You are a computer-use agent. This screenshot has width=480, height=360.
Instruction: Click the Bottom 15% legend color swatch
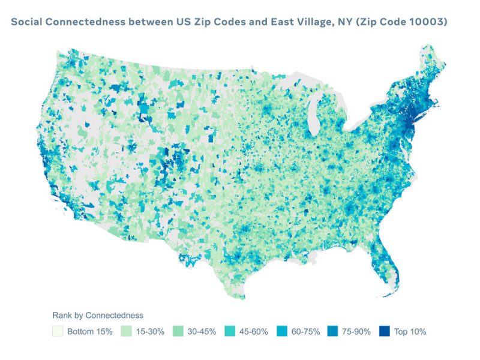(x=58, y=331)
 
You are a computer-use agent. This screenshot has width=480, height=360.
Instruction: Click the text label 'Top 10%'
(x=410, y=331)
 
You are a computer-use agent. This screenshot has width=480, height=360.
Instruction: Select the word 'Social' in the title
(x=28, y=22)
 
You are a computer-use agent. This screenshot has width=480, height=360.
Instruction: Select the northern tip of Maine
(x=427, y=46)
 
